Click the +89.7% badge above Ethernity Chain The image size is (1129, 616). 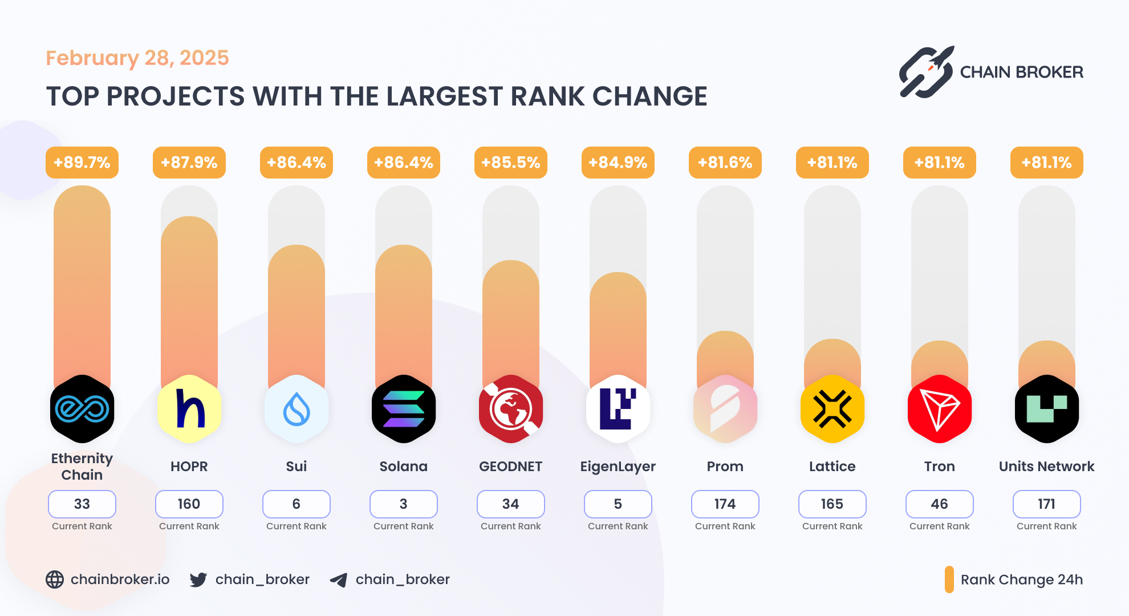(x=82, y=163)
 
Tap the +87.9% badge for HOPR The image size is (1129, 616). (x=189, y=163)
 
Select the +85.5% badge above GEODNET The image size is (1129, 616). (x=511, y=163)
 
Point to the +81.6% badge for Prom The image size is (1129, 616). (x=725, y=163)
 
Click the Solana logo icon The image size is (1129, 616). (x=404, y=409)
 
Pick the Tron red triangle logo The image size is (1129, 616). (x=940, y=409)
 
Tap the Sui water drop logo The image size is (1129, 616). (x=297, y=409)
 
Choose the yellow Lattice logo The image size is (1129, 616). (x=832, y=409)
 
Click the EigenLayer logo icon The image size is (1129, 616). (x=618, y=409)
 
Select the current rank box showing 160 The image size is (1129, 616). (x=189, y=504)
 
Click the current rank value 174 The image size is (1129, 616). (x=725, y=504)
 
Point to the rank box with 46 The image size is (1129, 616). (x=940, y=504)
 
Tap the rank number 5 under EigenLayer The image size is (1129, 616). (x=618, y=504)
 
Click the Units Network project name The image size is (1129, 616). (x=1047, y=467)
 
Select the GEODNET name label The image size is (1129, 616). (x=511, y=467)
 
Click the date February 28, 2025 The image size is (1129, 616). (x=137, y=58)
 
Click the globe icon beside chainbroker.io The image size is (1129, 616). (x=55, y=579)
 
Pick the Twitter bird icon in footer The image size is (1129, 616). (x=198, y=579)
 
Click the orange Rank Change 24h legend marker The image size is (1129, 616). (x=949, y=579)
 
